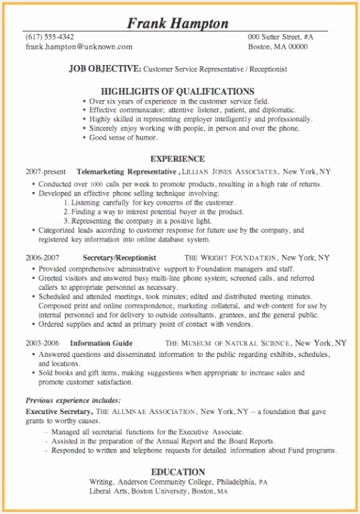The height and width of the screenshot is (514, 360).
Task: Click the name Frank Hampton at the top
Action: tap(179, 24)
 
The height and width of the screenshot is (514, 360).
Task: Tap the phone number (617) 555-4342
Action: tap(49, 36)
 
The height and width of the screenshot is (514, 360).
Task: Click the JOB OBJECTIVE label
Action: tap(104, 69)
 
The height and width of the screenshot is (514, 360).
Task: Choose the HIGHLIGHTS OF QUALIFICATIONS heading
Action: tap(178, 91)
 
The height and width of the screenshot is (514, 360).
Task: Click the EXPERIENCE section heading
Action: tap(178, 158)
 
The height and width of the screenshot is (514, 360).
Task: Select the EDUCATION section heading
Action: tap(178, 473)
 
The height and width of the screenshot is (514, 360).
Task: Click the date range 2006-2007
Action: tap(42, 257)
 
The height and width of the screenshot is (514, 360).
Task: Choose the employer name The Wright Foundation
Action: tap(231, 257)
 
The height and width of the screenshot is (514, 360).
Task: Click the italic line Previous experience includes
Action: tap(74, 400)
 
